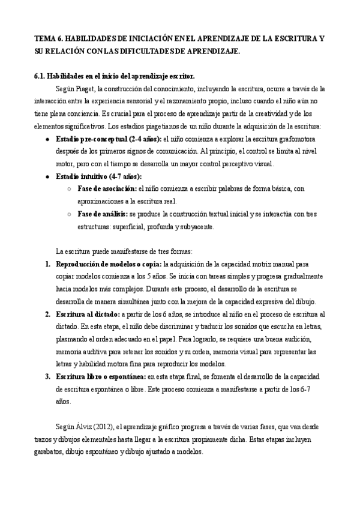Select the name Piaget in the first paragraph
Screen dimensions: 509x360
83,88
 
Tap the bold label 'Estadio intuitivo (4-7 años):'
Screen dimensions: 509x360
99,176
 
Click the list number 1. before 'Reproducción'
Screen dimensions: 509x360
49,264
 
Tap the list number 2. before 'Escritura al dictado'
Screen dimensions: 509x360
49,314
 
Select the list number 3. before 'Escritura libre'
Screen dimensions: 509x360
49,376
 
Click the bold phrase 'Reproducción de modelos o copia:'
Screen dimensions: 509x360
109,264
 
